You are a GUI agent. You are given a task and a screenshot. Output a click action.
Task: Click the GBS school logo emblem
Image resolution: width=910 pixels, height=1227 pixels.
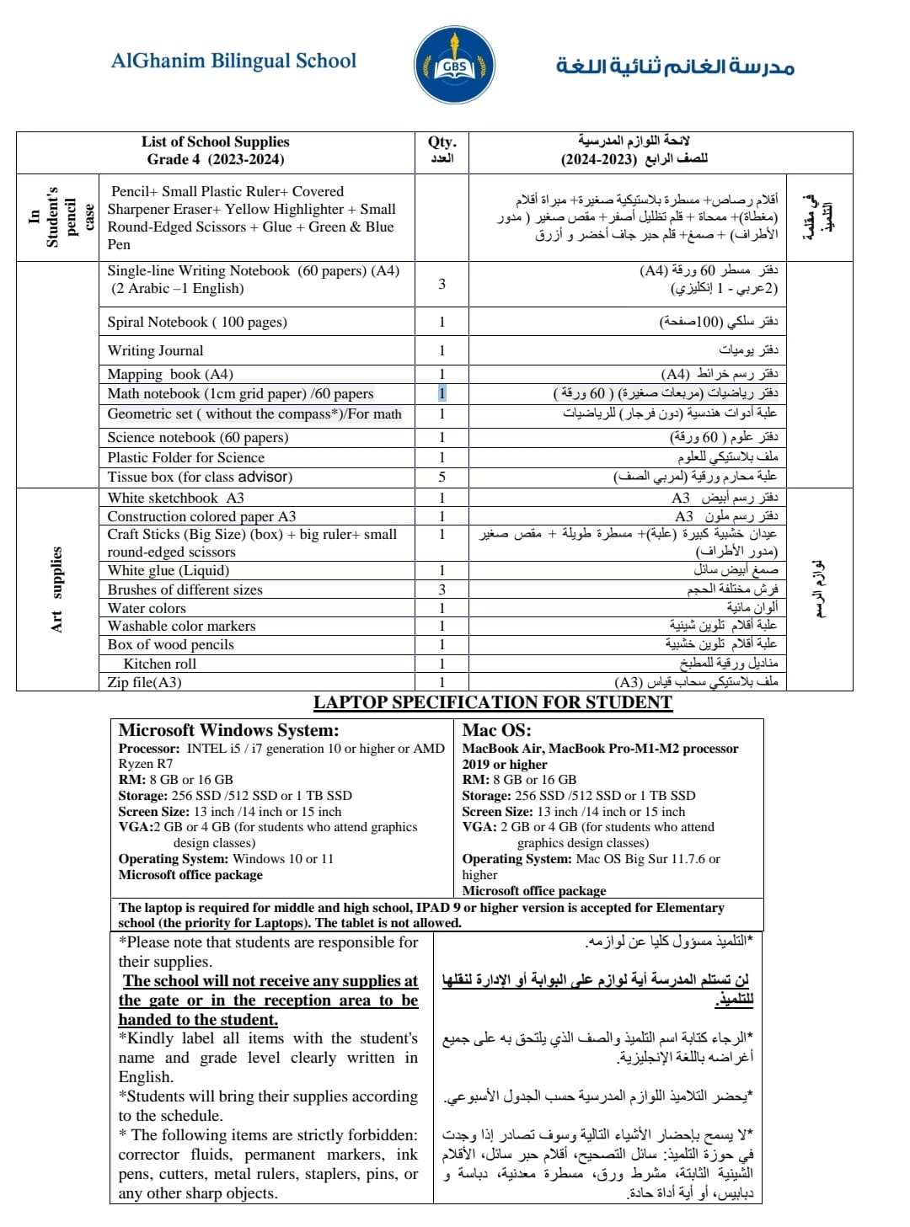pos(454,66)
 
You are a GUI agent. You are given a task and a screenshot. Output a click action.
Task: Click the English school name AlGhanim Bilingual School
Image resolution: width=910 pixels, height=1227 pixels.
pos(233,61)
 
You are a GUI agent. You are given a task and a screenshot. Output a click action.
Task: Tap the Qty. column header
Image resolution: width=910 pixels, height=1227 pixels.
pos(442,142)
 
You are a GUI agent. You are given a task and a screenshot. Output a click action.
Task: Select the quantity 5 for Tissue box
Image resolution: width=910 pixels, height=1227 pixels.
pos(442,477)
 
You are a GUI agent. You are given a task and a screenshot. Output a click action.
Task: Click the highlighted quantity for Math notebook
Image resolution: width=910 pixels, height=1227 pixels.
pos(442,393)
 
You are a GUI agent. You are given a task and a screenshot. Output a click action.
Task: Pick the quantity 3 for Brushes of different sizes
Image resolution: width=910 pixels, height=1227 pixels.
pos(442,589)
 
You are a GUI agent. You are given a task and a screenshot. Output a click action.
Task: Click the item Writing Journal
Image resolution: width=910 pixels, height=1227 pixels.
pos(155,350)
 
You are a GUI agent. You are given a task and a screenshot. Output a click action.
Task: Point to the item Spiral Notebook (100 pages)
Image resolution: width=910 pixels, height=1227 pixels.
pos(197,322)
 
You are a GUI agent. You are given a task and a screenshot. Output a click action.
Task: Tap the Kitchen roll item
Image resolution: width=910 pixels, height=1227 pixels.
pos(159,664)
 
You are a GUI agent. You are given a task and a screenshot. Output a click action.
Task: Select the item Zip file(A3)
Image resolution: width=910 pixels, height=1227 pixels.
pos(144,682)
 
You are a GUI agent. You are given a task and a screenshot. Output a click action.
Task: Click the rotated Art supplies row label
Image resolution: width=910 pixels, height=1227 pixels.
pos(56,589)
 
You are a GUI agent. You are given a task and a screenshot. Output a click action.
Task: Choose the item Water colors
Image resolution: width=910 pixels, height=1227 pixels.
pos(147,608)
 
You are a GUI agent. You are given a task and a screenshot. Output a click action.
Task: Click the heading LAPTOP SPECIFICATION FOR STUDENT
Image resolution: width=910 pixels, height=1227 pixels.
pos(493,702)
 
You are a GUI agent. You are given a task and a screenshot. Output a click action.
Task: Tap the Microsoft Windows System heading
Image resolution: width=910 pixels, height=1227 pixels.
pos(228,730)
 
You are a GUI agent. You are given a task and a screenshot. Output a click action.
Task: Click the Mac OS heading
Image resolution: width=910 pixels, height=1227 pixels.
pos(496,730)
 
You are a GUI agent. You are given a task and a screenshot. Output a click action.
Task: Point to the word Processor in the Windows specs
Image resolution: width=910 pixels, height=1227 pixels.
pos(148,749)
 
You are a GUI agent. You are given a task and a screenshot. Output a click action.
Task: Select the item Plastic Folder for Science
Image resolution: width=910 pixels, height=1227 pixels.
pos(185,457)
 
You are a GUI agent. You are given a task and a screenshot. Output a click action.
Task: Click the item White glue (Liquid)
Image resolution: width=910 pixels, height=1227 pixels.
pos(168,570)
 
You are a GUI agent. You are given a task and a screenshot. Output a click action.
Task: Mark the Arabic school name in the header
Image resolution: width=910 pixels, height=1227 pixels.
pos(675,66)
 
